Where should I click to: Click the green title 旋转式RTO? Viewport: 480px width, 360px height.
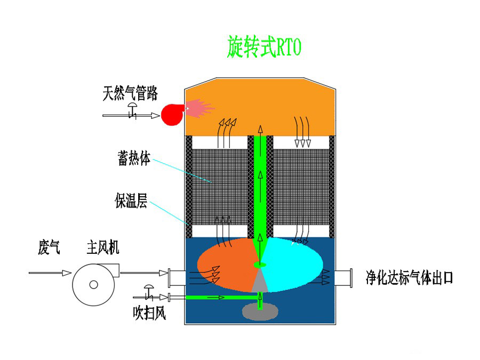(264, 47)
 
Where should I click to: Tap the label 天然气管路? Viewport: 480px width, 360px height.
(130, 93)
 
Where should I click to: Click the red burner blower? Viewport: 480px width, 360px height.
(172, 115)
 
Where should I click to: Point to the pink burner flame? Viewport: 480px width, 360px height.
(199, 108)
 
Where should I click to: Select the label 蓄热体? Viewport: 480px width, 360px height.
(134, 158)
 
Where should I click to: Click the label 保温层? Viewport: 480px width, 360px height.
(131, 201)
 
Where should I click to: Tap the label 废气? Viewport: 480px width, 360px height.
(49, 247)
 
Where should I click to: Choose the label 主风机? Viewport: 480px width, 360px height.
(103, 247)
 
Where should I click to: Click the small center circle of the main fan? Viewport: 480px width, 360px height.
(94, 285)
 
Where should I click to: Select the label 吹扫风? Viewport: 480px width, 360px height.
(149, 313)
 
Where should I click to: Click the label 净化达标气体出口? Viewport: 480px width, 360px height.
(409, 278)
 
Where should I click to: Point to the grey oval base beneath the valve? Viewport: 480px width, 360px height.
(260, 311)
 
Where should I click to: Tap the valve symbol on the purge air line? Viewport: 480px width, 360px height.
(149, 292)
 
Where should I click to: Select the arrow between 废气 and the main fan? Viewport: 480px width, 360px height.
(50, 273)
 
